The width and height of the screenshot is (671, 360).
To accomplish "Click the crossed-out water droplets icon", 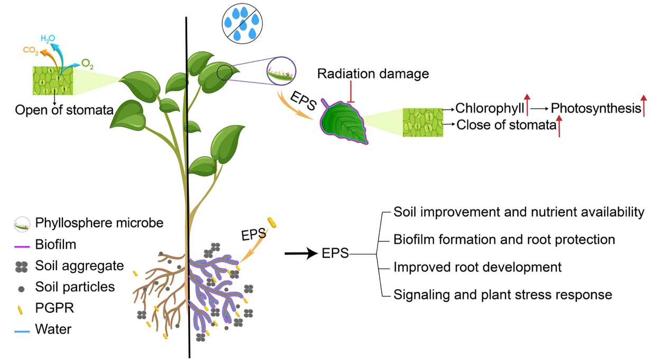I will (242, 23).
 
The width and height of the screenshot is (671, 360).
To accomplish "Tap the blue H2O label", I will (48, 38).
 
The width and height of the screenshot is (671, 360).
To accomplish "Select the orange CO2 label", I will (30, 51).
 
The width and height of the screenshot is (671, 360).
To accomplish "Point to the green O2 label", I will (88, 64).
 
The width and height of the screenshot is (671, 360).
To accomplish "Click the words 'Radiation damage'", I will (373, 73).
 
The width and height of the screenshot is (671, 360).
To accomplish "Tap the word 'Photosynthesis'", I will (595, 108).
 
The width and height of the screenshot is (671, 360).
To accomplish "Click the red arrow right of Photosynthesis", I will (644, 105).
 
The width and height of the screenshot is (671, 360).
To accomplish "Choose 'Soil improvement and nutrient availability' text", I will (519, 212).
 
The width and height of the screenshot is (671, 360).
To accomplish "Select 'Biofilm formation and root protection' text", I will (504, 239).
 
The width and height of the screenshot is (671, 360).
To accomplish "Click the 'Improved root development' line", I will (477, 267).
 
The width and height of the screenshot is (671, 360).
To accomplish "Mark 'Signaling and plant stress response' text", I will (502, 294).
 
